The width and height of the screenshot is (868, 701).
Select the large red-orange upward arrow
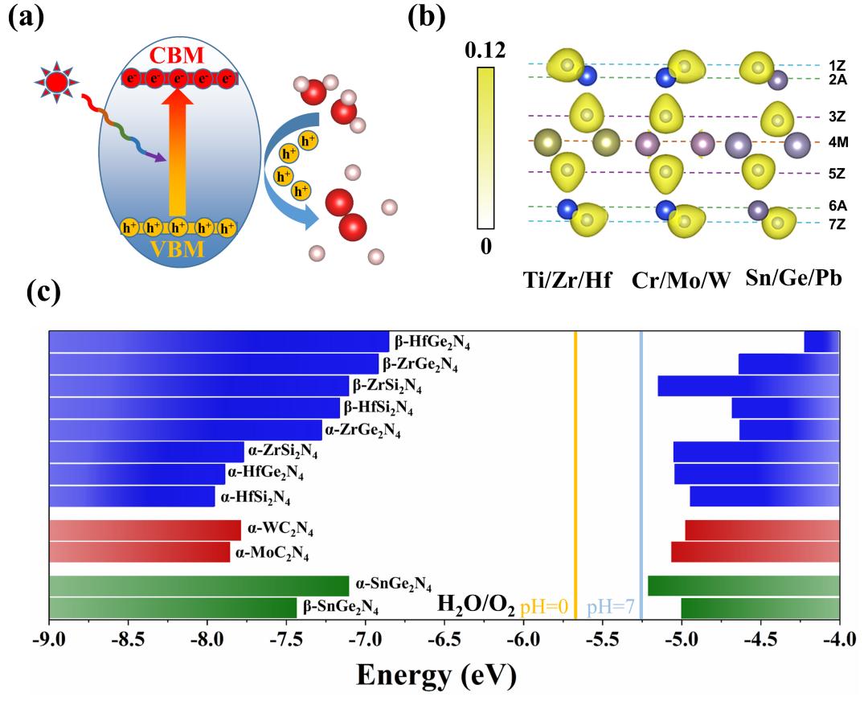coord(178,153)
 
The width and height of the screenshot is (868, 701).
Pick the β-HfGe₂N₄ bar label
coord(432,342)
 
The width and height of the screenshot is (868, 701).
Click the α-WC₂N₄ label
coord(280,531)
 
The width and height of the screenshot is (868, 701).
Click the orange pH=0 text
coord(545,606)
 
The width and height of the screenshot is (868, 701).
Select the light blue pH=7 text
coord(611,606)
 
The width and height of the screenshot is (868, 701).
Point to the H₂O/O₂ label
coord(475,605)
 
